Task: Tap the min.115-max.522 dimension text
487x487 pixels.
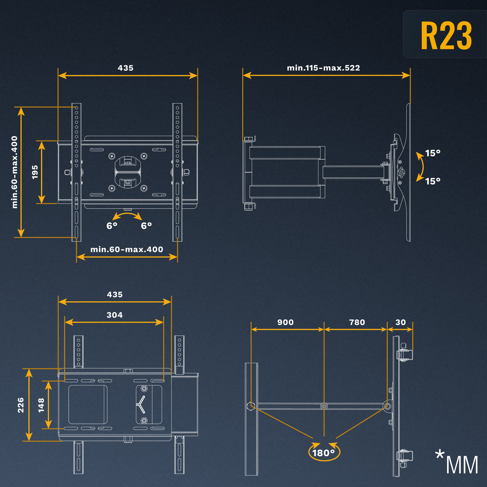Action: click(x=323, y=68)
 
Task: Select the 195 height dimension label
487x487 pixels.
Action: click(x=35, y=172)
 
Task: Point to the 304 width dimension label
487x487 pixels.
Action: click(x=115, y=315)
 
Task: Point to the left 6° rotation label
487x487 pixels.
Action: click(x=112, y=226)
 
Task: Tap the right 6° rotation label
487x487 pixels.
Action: click(x=146, y=226)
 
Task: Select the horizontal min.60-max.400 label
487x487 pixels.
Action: click(x=127, y=249)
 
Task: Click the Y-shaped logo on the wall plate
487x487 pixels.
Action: click(x=141, y=404)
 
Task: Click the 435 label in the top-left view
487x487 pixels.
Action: click(x=126, y=68)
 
